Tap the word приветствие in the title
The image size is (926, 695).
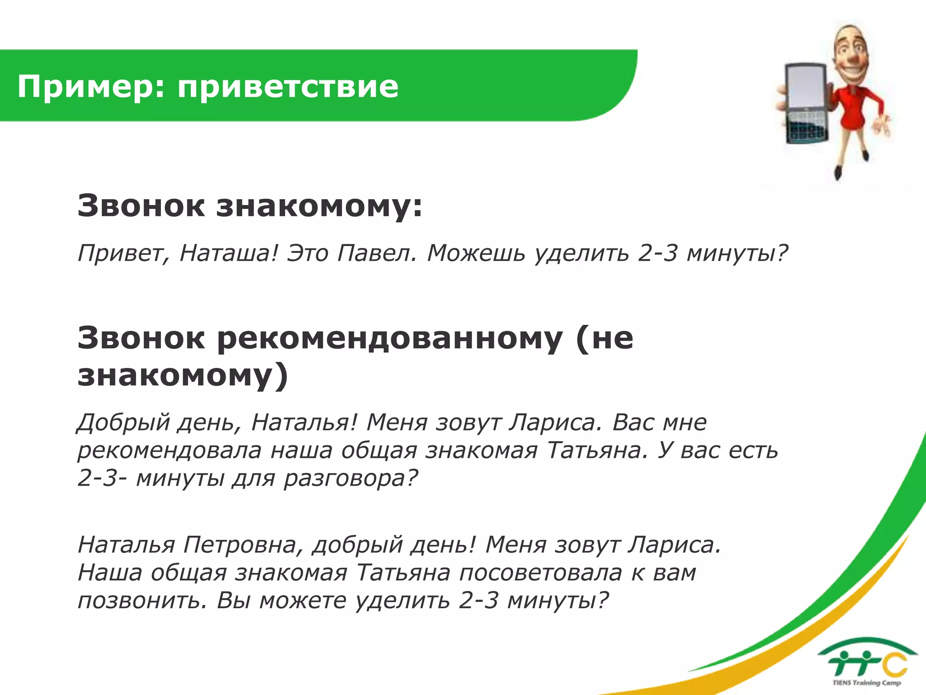pos(288,87)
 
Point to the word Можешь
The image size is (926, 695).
pos(476,253)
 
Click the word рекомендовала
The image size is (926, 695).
pos(170,451)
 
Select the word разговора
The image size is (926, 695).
pos(351,478)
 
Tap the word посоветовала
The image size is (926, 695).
pos(541,573)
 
